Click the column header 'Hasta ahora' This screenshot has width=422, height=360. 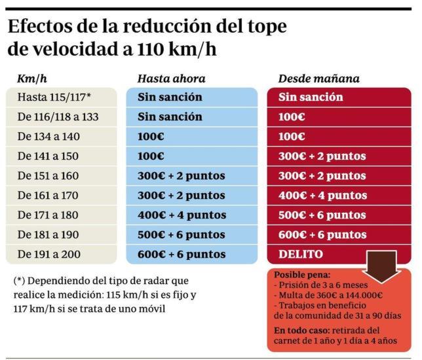171,79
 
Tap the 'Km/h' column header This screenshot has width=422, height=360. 31,79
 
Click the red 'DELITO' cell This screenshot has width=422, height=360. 301,255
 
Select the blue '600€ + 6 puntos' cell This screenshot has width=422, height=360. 182,255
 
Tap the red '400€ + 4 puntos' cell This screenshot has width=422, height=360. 322,196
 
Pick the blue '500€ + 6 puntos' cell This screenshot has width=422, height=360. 182,235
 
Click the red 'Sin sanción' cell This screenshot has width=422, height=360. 311,98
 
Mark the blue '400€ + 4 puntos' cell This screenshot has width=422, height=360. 182,215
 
